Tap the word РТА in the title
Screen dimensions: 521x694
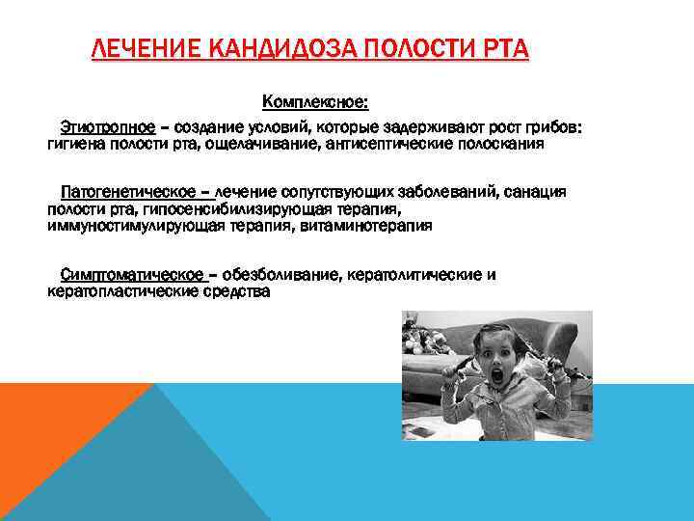tap(498, 48)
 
